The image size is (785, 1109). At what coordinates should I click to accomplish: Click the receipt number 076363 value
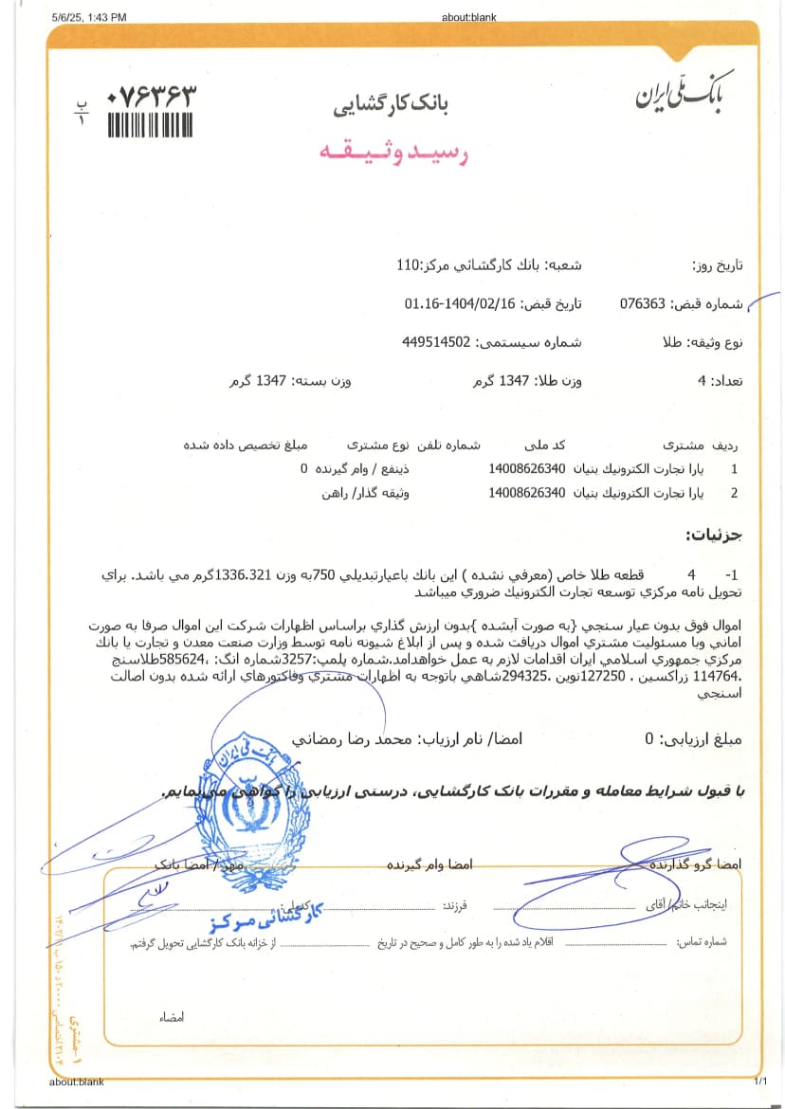[642, 304]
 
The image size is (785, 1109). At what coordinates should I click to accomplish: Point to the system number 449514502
[436, 341]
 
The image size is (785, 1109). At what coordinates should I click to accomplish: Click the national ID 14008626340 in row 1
[526, 468]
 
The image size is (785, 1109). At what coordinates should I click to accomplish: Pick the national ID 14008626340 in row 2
[526, 493]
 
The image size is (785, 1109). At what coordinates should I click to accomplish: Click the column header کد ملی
[545, 444]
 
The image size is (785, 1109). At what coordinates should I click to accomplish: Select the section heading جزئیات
[713, 536]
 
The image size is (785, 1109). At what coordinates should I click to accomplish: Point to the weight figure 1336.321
[246, 575]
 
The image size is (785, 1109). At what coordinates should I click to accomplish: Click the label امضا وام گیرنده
[429, 865]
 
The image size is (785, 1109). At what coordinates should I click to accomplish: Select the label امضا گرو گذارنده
[696, 864]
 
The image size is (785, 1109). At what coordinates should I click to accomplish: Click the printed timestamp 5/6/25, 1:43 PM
[90, 17]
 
